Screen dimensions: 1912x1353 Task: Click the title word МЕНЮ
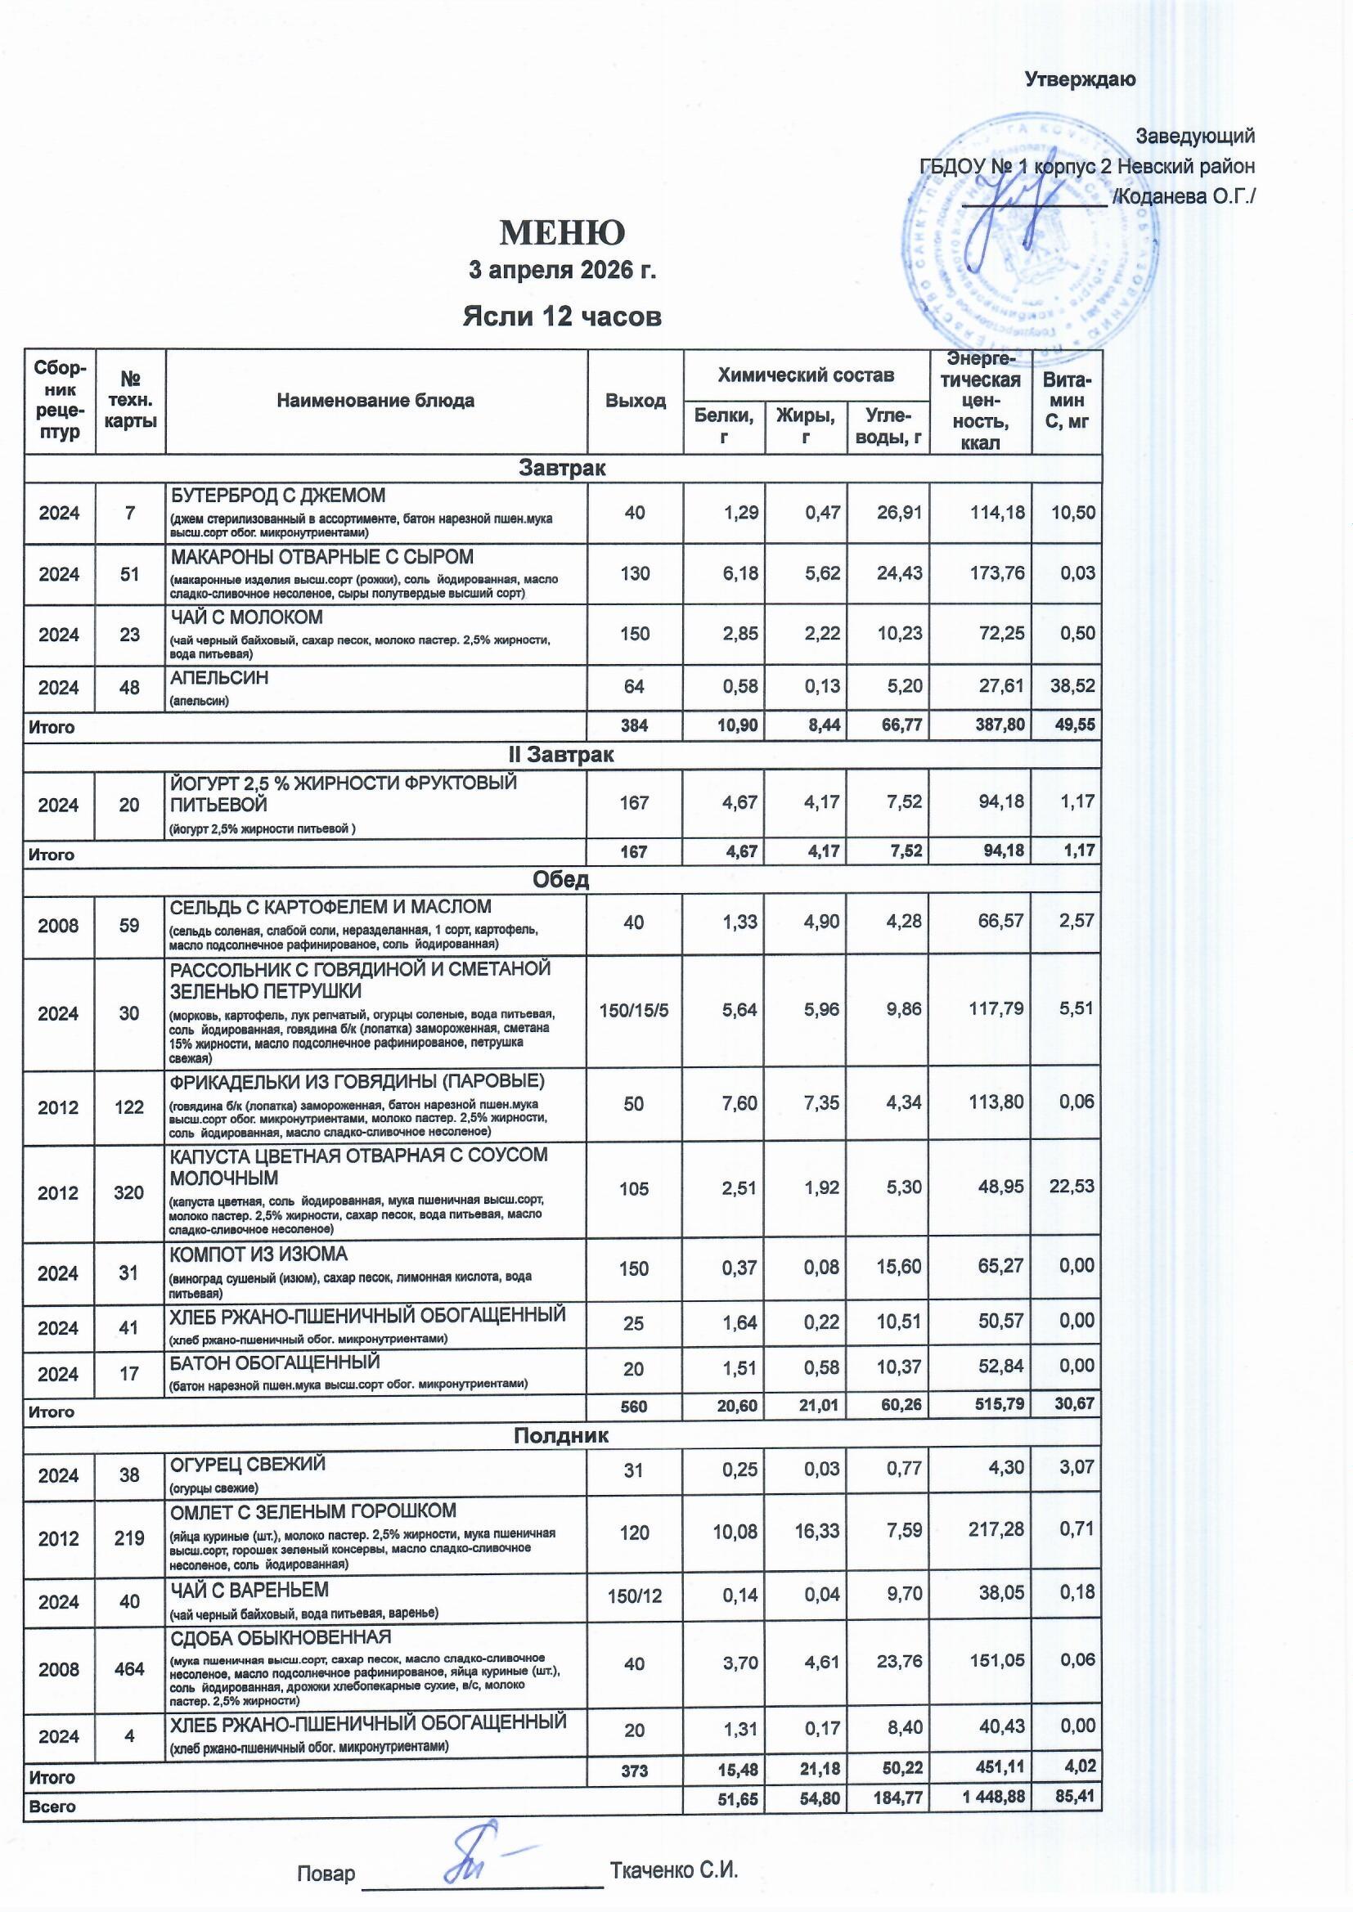[x=561, y=233]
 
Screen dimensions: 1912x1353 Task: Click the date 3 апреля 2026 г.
[x=561, y=271]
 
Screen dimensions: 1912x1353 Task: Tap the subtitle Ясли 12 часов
[x=561, y=316]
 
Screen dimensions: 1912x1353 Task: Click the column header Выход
[x=635, y=401]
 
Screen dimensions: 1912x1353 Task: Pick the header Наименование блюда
[x=375, y=401]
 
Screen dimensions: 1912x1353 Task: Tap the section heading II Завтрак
[x=561, y=755]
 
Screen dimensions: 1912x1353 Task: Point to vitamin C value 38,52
[x=1072, y=685]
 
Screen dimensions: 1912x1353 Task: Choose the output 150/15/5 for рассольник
[x=634, y=1010]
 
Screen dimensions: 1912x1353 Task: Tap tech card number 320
[x=129, y=1192]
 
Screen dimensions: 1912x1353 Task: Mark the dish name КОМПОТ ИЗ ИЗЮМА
[x=258, y=1254]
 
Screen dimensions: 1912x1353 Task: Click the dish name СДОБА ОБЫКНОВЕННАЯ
[x=281, y=1637]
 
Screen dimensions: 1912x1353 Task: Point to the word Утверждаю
[x=1079, y=80]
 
